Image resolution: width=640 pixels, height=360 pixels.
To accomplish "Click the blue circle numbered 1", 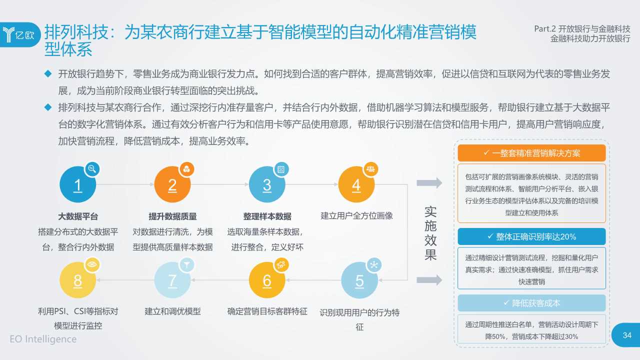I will coord(77,185).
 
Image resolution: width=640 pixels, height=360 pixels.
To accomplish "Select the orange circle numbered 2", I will coord(172,185).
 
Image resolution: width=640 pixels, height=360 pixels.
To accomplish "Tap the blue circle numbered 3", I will coord(267,185).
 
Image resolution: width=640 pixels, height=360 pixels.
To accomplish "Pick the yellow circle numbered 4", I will coord(356,185).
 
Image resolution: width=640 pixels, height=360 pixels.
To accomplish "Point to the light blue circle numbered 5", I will coord(359,281).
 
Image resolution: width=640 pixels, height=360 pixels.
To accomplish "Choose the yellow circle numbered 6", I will coord(267,281).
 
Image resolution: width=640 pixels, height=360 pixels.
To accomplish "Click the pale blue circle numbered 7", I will coord(172,281).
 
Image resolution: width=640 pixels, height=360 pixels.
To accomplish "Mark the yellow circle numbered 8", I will coord(77,281).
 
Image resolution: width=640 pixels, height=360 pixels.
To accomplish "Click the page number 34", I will coord(627,335).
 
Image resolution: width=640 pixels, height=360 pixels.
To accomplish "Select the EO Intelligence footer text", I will coord(43,339).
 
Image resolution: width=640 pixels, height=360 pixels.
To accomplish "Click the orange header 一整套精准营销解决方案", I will coord(531,153).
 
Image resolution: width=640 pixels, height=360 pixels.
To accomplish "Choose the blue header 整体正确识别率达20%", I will coord(531,236).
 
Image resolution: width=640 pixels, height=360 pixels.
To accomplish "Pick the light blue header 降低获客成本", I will coord(531,303).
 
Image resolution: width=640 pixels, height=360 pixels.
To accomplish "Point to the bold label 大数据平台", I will coord(78,216).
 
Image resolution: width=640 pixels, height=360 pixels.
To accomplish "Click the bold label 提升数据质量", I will coord(172,216).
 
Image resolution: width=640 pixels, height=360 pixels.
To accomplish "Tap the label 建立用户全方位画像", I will coord(356,215).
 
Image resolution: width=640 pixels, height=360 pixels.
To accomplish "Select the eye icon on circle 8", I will coord(91,264).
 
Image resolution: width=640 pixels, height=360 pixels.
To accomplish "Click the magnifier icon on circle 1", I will coord(91,168).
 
